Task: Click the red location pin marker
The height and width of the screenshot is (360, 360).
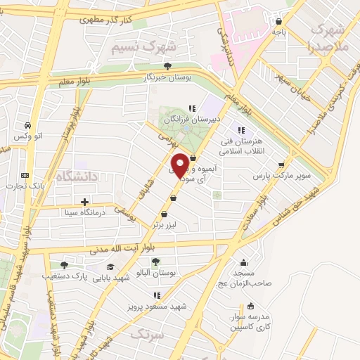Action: click(x=180, y=165)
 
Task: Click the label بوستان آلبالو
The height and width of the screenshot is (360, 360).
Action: click(x=155, y=272)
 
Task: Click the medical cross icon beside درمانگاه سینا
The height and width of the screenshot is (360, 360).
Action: click(x=84, y=202)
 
